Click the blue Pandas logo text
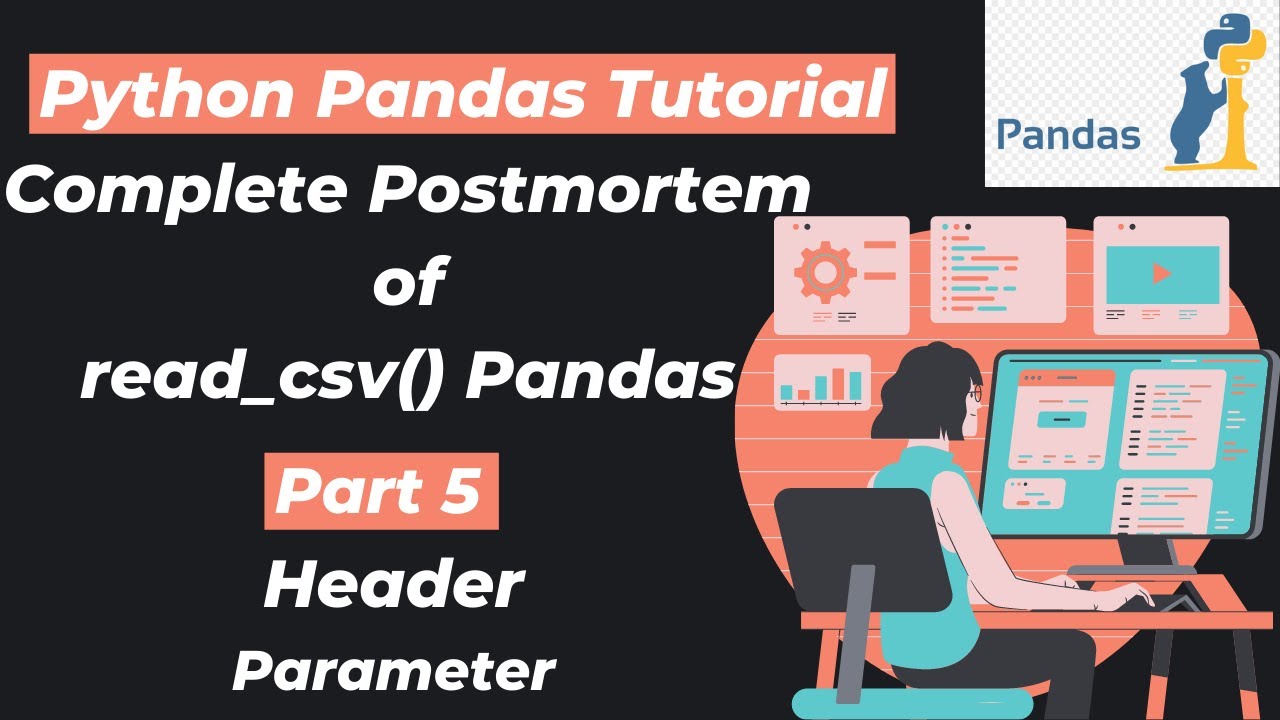point(1068,134)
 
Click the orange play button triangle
point(1161,273)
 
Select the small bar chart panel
point(821,382)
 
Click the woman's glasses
point(975,396)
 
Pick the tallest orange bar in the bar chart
point(855,384)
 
